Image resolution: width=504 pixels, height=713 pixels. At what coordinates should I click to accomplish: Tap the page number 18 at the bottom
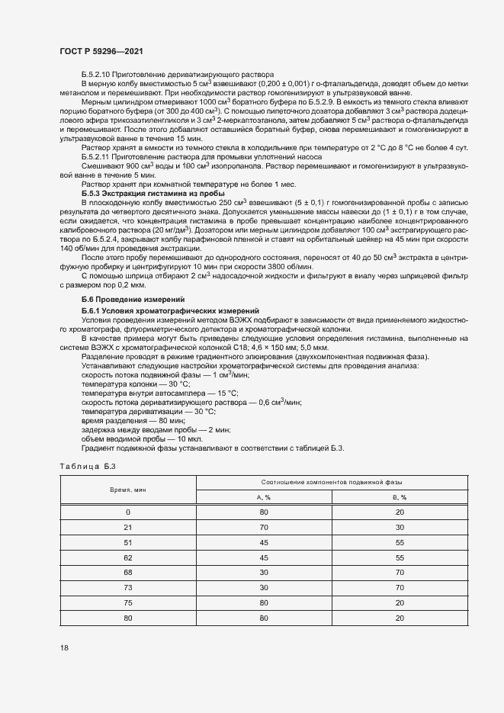pos(64,647)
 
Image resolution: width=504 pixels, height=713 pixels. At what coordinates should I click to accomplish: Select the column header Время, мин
pos(128,489)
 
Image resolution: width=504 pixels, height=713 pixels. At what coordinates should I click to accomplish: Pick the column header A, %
pos(265,496)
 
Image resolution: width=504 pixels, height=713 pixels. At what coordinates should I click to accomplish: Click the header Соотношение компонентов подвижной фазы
pos(332,482)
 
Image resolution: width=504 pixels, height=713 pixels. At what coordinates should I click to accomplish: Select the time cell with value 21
pos(128,527)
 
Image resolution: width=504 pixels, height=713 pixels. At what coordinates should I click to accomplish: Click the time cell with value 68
pos(128,571)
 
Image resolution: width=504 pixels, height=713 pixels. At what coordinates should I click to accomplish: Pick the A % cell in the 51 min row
pos(265,542)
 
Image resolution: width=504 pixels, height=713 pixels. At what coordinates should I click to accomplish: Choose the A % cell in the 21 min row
pos(265,527)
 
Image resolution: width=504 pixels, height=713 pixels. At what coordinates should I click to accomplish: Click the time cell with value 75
pos(128,601)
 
